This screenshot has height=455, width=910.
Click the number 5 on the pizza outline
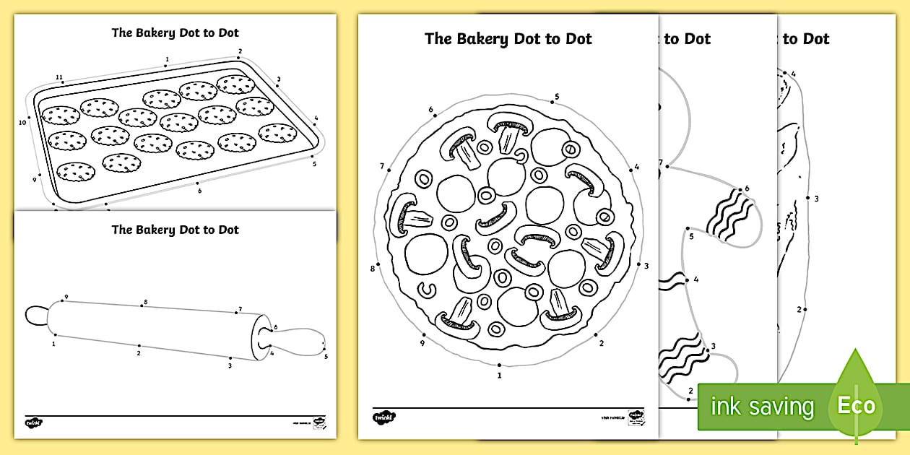coord(557,96)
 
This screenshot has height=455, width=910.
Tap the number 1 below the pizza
coord(499,375)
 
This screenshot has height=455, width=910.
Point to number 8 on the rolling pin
coord(145,302)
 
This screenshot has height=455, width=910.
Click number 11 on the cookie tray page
coord(59,77)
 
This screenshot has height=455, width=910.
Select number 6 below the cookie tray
coord(200,191)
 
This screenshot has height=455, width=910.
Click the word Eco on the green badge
coord(856,405)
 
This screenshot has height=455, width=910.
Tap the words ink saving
coord(761,407)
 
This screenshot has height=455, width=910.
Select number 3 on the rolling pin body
coord(230,366)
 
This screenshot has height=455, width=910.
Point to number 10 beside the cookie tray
coord(22,123)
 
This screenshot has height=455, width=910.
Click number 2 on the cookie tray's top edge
coord(240,51)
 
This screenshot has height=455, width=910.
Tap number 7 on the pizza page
coord(381,166)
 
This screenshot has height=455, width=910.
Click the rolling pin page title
coord(175,230)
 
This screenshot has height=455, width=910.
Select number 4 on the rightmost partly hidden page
coord(793,74)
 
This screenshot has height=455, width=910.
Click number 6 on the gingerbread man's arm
coord(747,188)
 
